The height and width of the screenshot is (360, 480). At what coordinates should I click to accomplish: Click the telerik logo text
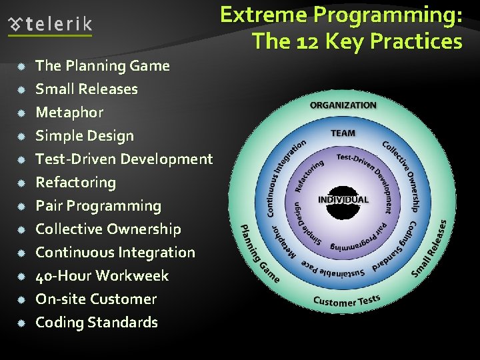[59, 25]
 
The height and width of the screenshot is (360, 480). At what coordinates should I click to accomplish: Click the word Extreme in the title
[263, 15]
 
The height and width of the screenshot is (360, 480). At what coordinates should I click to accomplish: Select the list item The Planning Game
[102, 66]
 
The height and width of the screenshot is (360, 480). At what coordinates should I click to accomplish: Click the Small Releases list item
[86, 89]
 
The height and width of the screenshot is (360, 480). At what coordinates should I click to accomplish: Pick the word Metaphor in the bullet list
[69, 113]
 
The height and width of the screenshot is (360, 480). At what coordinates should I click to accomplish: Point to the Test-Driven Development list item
[123, 159]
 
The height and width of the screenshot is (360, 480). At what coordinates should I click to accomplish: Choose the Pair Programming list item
[98, 206]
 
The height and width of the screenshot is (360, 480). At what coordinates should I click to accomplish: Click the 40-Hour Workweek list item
[101, 276]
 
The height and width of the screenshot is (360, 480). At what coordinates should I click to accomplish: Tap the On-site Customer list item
[96, 299]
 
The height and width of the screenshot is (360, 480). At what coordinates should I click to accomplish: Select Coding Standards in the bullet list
[96, 323]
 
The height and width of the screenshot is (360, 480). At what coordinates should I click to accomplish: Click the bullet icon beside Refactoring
[21, 183]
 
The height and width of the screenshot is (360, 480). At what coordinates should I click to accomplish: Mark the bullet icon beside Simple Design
[21, 136]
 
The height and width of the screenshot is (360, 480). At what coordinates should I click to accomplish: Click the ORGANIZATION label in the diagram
[343, 105]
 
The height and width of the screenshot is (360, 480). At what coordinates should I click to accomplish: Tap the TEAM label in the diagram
[343, 133]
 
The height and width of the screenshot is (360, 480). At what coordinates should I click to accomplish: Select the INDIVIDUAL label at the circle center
[343, 199]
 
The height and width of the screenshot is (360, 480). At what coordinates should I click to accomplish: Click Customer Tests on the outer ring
[347, 301]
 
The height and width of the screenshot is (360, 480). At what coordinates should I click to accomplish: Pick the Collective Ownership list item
[108, 229]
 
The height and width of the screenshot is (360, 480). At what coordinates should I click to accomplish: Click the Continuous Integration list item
[115, 253]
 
